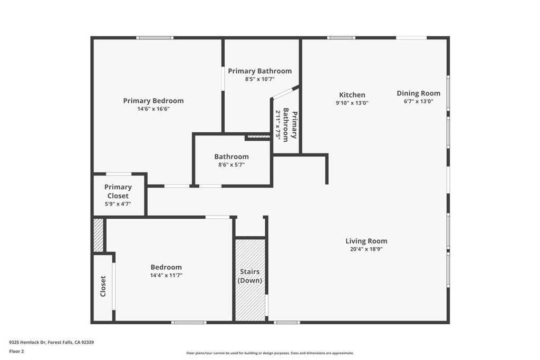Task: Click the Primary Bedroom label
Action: pos(153,101)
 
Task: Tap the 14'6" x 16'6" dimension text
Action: pos(153,109)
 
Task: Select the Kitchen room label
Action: pos(352,95)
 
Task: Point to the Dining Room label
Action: pos(419,93)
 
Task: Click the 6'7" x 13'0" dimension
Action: pos(419,102)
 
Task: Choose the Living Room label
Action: pos(367,241)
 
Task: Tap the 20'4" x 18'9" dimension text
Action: pos(367,249)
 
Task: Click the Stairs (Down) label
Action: pos(250,276)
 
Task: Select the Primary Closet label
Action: pos(118,191)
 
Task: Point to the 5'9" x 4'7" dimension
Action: pos(118,204)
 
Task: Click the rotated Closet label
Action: pos(103,286)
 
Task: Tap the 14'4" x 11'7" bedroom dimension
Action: pos(166,275)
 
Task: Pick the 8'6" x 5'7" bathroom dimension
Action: pos(232,164)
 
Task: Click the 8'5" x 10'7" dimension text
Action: pos(259,80)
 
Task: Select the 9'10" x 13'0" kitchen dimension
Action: pos(352,103)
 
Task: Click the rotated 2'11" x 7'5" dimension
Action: pos(278,124)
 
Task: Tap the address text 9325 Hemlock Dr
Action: pos(51,342)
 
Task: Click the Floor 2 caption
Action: pos(17,351)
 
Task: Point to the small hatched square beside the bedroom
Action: pos(99,235)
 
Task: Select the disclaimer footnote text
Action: pos(270,353)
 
